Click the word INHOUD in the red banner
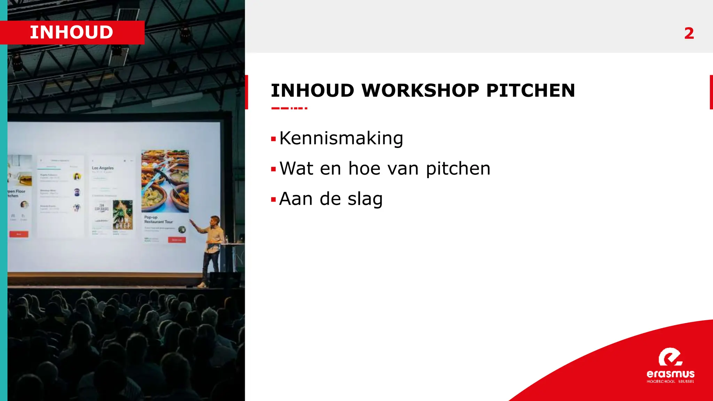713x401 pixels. click(71, 32)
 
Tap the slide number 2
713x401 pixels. click(689, 33)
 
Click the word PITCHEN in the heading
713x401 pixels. click(530, 91)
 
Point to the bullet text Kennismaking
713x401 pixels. click(341, 138)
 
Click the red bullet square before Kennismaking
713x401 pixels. click(273, 139)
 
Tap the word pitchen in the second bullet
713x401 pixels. click(458, 169)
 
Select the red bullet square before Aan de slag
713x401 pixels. click(273, 200)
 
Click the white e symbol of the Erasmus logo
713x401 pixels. click(670, 357)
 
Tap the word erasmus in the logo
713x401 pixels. click(670, 374)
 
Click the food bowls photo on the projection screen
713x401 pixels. click(165, 181)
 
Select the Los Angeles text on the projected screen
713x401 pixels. click(103, 168)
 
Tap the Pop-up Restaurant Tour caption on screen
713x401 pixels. click(158, 219)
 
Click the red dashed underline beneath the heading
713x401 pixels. click(289, 108)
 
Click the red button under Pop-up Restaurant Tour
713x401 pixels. click(177, 240)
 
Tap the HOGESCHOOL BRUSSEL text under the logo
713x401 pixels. click(670, 382)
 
